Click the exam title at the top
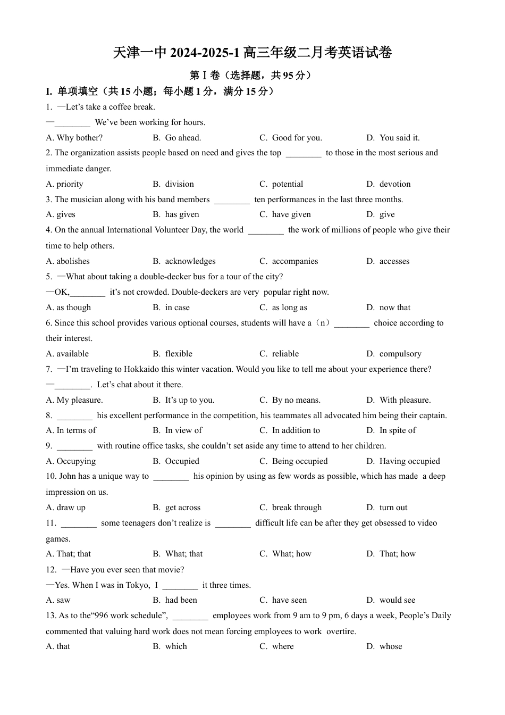click(x=252, y=53)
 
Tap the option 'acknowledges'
click(x=190, y=261)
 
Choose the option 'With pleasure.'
click(x=405, y=400)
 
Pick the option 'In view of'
click(x=183, y=430)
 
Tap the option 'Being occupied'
click(x=299, y=461)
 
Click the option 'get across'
click(x=182, y=508)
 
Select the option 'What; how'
click(x=291, y=554)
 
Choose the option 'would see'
click(x=397, y=600)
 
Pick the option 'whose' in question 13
click(x=391, y=646)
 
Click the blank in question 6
click(x=351, y=323)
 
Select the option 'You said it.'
click(x=399, y=138)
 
